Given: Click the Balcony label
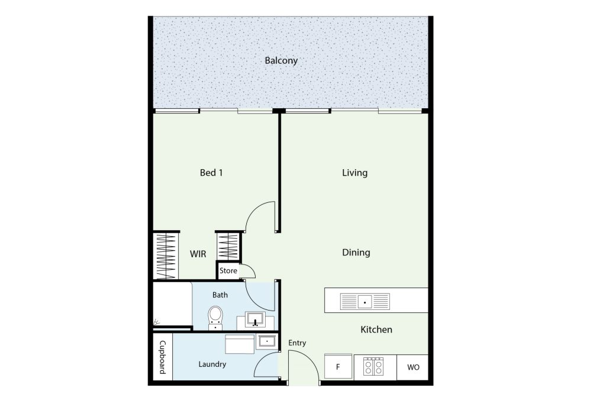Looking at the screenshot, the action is point(281,61).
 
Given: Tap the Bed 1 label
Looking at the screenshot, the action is point(211,173).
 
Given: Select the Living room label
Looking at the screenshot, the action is point(354,173).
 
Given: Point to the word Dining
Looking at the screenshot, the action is point(356,253).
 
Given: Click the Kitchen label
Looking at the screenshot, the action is point(376,329).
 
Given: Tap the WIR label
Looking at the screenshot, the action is point(198,254).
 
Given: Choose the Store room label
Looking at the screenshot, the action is point(228,271).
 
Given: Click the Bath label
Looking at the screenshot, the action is point(220,295).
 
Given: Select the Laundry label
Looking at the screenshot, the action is point(212,364).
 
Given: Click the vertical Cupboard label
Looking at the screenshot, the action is point(163,357).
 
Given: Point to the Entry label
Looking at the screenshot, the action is point(297,342).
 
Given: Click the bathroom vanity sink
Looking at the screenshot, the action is point(255,319).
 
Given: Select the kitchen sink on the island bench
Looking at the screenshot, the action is point(365,302).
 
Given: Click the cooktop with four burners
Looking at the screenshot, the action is point(373,367).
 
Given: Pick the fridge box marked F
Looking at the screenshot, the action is point(338,367).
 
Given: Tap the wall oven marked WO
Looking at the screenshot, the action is point(412,367).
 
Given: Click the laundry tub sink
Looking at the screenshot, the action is point(267,341).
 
